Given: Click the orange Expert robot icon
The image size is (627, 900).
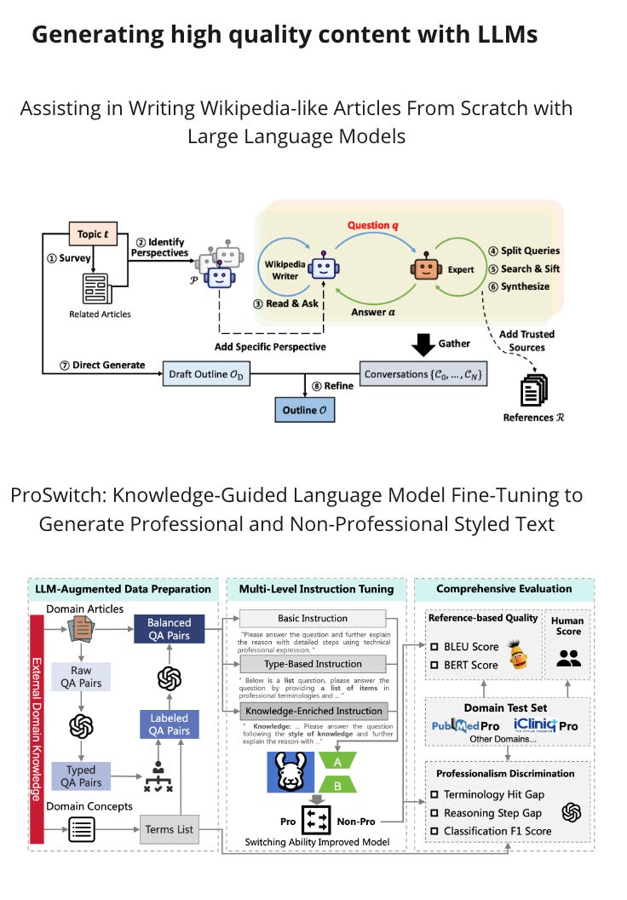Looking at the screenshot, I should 423,268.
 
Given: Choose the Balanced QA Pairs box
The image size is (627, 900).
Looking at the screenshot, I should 169,629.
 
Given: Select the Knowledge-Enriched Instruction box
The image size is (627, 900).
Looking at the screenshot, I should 313,710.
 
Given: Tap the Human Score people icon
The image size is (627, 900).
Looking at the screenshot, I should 568,657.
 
